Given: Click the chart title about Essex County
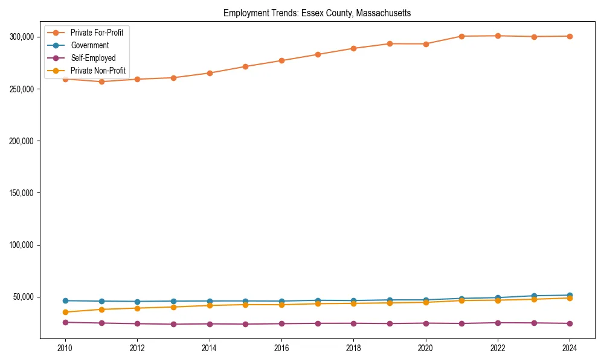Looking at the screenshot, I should [x=317, y=13].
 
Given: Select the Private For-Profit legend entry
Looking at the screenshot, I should [x=100, y=33].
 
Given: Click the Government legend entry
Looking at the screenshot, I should [x=89, y=45].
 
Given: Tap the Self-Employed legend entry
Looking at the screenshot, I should [x=93, y=58].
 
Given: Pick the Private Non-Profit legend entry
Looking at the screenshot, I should [x=98, y=71].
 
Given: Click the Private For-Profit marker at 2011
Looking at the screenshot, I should [x=101, y=81].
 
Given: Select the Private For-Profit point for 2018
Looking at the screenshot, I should [x=353, y=48].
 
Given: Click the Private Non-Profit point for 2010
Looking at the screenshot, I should [x=65, y=312].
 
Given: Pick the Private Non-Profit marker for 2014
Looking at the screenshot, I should [x=210, y=305].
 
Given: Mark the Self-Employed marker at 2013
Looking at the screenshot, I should [x=173, y=324].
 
